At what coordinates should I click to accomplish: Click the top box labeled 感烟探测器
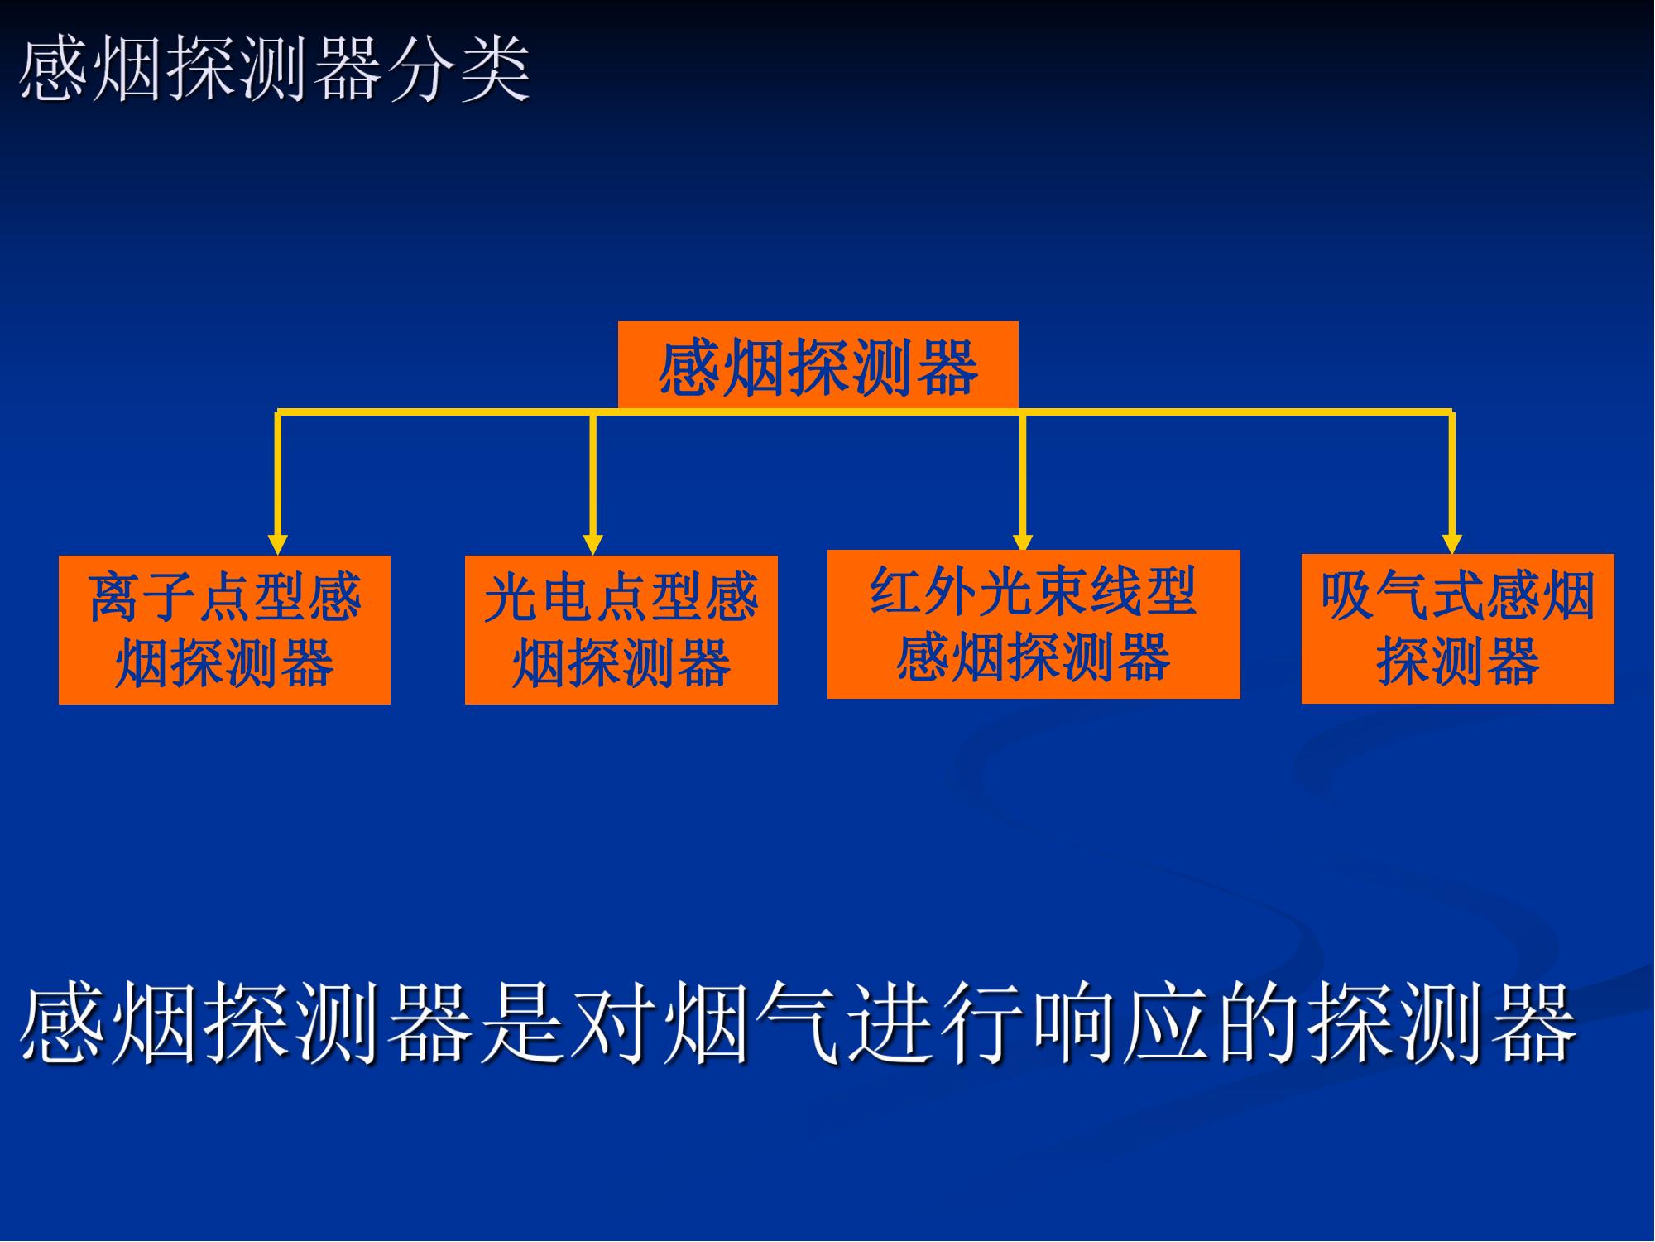pyautogui.click(x=818, y=365)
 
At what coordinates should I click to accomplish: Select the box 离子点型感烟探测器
pyautogui.click(x=224, y=630)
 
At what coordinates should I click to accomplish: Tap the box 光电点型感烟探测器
pyautogui.click(x=621, y=630)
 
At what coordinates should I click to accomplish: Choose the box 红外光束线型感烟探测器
pyautogui.click(x=1034, y=624)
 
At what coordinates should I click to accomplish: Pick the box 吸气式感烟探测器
pyautogui.click(x=1458, y=629)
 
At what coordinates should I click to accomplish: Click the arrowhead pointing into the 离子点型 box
pyautogui.click(x=278, y=544)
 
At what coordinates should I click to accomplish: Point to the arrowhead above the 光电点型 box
pyautogui.click(x=592, y=544)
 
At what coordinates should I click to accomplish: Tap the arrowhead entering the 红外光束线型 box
pyautogui.click(x=1024, y=540)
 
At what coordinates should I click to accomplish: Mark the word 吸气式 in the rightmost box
pyautogui.click(x=1403, y=595)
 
